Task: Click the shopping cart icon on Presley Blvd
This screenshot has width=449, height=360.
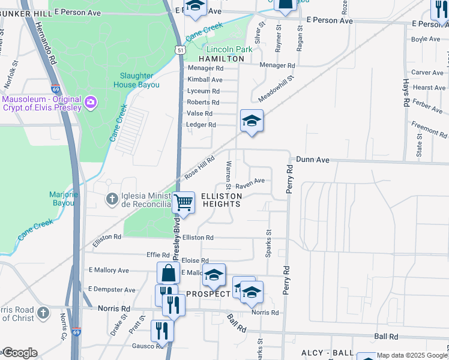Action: [x=183, y=203]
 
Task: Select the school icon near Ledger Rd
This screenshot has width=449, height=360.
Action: [x=252, y=121]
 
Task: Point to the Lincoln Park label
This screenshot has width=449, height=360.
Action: [x=229, y=49]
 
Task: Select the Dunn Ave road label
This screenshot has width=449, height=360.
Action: [x=313, y=160]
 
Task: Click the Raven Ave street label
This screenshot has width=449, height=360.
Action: [x=250, y=181]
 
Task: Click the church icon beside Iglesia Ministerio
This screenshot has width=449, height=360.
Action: [x=112, y=199]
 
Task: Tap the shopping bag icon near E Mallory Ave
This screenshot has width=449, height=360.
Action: [x=168, y=273]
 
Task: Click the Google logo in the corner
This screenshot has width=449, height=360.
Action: [x=19, y=353]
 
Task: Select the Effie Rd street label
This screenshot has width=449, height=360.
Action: [x=158, y=254]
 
